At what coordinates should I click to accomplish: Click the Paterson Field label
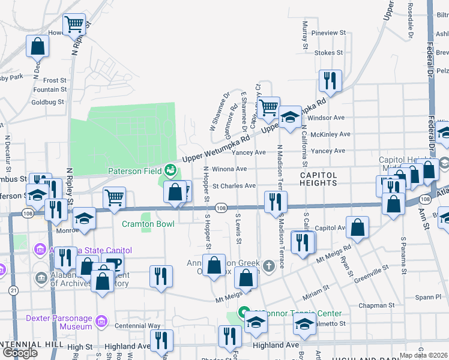pyautogui.click(x=135, y=171)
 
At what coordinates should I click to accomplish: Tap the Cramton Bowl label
pyautogui.click(x=148, y=224)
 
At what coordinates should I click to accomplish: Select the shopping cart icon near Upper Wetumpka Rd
pyautogui.click(x=270, y=108)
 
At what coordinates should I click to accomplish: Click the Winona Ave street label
pyautogui.click(x=234, y=169)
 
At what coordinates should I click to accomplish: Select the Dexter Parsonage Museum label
pyautogui.click(x=59, y=322)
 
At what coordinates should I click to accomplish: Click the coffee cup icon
pyautogui.click(x=112, y=263)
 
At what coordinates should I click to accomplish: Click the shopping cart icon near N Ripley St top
pyautogui.click(x=74, y=25)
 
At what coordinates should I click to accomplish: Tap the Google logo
pyautogui.click(x=20, y=353)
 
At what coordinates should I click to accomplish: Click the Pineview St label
pyautogui.click(x=329, y=32)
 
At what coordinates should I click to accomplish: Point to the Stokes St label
pyautogui.click(x=328, y=53)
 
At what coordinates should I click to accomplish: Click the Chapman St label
pyautogui.click(x=376, y=305)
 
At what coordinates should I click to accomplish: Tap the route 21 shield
pyautogui.click(x=13, y=290)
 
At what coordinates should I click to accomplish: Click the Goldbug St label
pyautogui.click(x=47, y=102)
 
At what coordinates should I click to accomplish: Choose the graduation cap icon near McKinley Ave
pyautogui.click(x=290, y=117)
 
